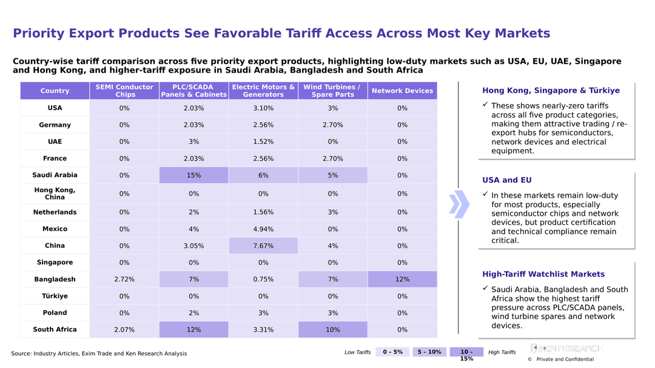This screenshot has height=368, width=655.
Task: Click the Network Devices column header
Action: pyautogui.click(x=402, y=91)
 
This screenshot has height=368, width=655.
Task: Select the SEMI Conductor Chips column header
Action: pyautogui.click(x=124, y=91)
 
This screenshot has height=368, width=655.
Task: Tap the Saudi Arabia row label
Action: pyautogui.click(x=55, y=175)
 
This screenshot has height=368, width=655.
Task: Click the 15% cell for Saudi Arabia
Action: pyautogui.click(x=194, y=175)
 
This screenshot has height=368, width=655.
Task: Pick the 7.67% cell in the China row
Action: pyautogui.click(x=263, y=246)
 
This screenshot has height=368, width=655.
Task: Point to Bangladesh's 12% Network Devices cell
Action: pyautogui.click(x=402, y=279)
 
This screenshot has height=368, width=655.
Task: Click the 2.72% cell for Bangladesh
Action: pyautogui.click(x=124, y=279)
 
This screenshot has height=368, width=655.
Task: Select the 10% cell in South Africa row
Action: pyautogui.click(x=333, y=330)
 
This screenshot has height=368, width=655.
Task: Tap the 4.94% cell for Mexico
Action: pyautogui.click(x=263, y=229)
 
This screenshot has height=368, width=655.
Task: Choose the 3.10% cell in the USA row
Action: pyautogui.click(x=263, y=108)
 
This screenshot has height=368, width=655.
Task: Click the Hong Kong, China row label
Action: pyautogui.click(x=55, y=193)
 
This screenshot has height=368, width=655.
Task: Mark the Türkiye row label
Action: pyautogui.click(x=55, y=296)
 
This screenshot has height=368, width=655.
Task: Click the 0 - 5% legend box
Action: pyautogui.click(x=392, y=352)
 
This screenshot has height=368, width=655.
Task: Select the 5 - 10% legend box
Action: pyautogui.click(x=429, y=352)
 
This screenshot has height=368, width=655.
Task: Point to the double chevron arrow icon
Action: pyautogui.click(x=459, y=204)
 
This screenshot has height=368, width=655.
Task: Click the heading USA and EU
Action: pyautogui.click(x=506, y=180)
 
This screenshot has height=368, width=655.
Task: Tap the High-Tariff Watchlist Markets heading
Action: pyautogui.click(x=543, y=274)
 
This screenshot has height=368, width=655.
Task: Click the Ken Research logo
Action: pyautogui.click(x=566, y=349)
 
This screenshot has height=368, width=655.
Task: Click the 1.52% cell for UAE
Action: pyautogui.click(x=263, y=142)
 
